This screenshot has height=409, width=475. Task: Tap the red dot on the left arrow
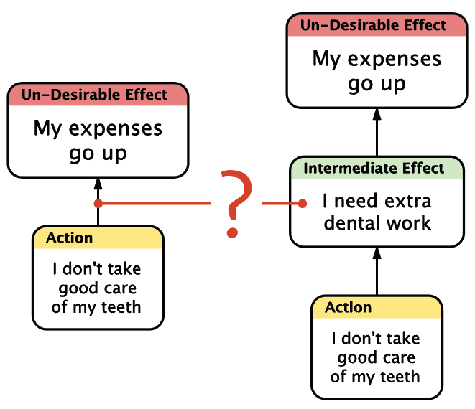click(x=98, y=204)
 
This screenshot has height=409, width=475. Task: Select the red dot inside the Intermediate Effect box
click(x=302, y=204)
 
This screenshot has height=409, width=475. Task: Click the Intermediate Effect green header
click(x=377, y=169)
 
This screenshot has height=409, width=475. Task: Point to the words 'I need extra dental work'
click(x=377, y=212)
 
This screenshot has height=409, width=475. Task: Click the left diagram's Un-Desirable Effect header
click(x=98, y=95)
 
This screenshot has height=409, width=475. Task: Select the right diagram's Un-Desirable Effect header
click(x=377, y=25)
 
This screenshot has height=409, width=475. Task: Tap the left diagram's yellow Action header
click(x=98, y=238)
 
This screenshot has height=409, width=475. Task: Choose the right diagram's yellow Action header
click(x=377, y=307)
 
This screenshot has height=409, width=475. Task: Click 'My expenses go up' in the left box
click(x=98, y=141)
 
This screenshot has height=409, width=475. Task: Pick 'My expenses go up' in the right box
click(x=377, y=71)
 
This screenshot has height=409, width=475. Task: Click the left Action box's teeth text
click(x=97, y=288)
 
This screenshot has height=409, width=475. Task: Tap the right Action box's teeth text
click(x=376, y=357)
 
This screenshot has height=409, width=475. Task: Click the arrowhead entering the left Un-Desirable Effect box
click(x=98, y=184)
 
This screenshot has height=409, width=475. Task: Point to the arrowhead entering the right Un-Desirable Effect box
click(x=377, y=114)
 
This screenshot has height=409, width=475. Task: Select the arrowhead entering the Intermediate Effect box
click(x=377, y=253)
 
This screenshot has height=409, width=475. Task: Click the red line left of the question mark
click(x=155, y=204)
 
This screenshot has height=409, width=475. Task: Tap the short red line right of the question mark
click(x=282, y=204)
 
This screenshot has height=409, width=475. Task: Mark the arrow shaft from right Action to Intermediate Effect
click(x=377, y=277)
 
